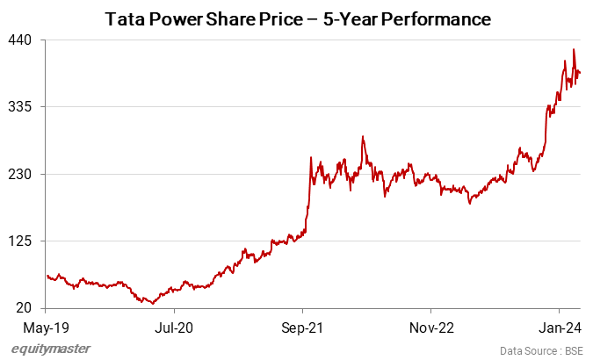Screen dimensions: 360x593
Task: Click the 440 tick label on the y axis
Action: coord(21,40)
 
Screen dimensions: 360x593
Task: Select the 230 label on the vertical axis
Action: coord(21,174)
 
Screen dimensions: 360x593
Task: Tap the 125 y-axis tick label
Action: coord(21,241)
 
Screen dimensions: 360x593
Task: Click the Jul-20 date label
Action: coord(173,326)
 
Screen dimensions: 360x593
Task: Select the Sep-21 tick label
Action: coord(302,326)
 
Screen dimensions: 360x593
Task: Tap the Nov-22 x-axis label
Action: coord(431,326)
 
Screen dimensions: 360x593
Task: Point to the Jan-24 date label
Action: coord(560,326)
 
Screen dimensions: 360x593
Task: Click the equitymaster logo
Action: coord(51,349)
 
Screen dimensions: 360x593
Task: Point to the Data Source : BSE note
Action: coord(541,350)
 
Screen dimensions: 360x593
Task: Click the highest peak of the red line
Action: coord(574,50)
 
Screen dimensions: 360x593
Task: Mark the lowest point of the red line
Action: coord(153,303)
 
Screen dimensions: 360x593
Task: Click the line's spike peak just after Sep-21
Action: coord(312,157)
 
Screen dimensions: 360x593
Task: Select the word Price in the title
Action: coord(282,18)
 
